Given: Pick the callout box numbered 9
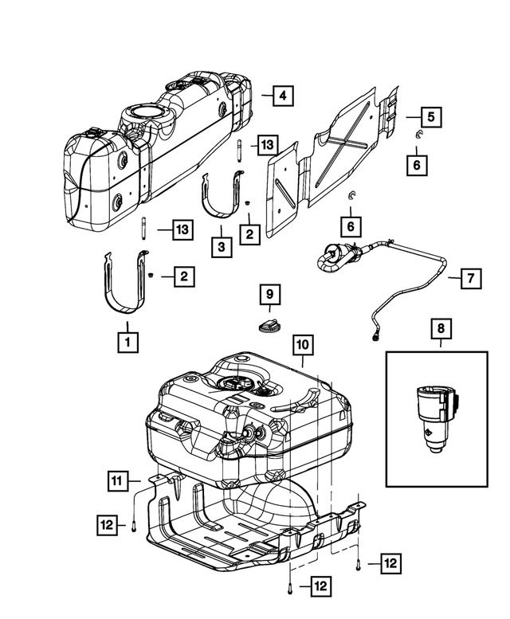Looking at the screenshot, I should coord(269,295).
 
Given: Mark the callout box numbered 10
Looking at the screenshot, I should coord(303,347).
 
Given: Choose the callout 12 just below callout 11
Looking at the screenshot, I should coord(108,525).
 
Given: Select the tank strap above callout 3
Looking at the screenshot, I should coord(221,195).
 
